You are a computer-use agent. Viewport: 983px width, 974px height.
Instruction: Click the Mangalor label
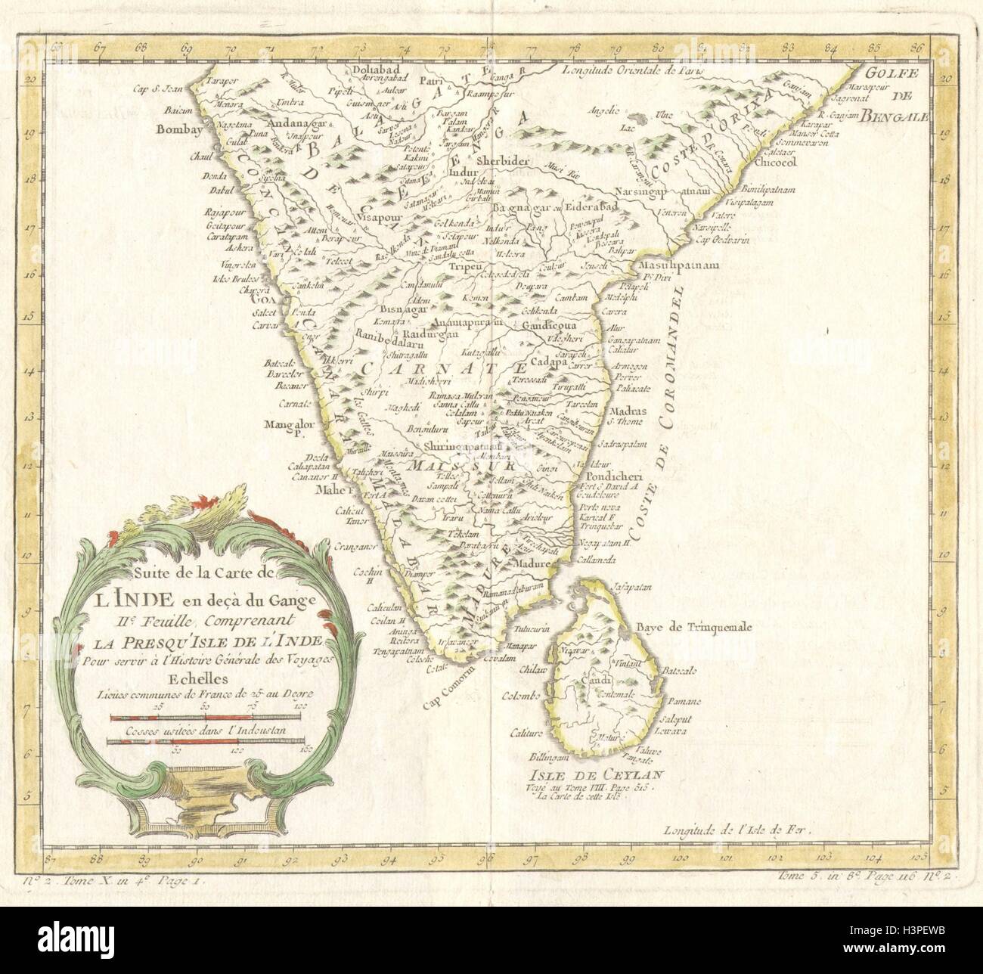287,424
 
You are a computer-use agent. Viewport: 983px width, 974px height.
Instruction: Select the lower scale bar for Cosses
206,743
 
